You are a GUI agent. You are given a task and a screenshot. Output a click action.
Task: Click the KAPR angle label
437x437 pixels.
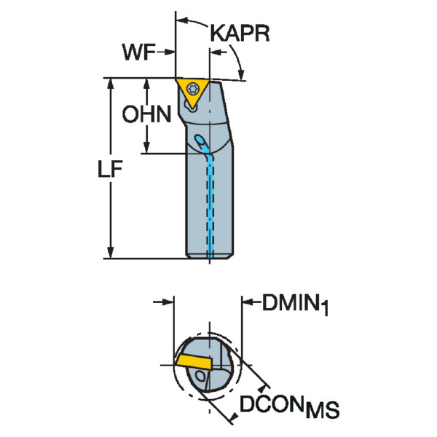(x=240, y=34)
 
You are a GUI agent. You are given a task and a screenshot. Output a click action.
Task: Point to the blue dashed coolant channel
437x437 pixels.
(x=211, y=204)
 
